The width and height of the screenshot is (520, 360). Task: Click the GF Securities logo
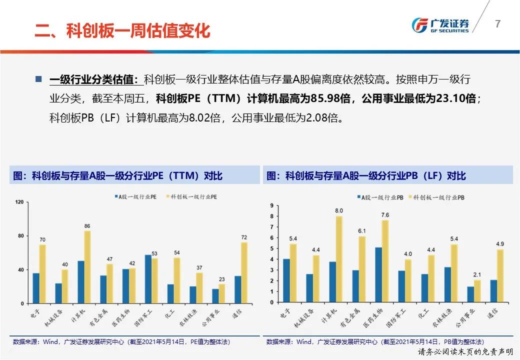440,25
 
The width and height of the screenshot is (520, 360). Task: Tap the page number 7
497,23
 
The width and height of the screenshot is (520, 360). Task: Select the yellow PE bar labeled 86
87,267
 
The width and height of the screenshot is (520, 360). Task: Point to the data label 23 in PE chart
221,279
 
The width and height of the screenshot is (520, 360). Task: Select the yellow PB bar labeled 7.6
385,261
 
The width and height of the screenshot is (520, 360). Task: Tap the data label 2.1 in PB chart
476,274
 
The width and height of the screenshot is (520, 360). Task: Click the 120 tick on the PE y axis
20,202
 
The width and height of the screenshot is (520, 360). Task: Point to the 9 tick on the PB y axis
271,205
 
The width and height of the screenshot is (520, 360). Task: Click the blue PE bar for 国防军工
148,279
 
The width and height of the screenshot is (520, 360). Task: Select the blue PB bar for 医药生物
378,275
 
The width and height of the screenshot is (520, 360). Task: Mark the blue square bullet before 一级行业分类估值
38,79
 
